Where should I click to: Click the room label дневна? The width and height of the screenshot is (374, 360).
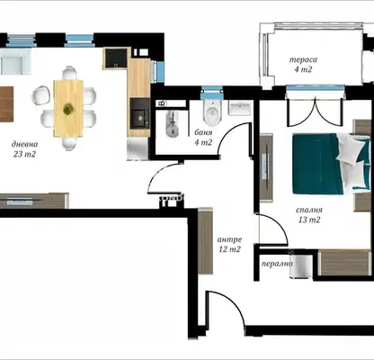[24, 144]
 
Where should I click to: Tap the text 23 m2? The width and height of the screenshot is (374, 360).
[24, 154]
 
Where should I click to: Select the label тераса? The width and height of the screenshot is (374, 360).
[303, 59]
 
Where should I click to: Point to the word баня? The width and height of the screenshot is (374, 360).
[203, 132]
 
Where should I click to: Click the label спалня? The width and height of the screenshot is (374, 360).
[309, 210]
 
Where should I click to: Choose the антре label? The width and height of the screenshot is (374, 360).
[229, 239]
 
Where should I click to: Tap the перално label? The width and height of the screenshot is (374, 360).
[277, 264]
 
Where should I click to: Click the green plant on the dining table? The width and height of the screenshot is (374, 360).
[68, 108]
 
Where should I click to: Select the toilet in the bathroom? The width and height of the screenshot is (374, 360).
[212, 112]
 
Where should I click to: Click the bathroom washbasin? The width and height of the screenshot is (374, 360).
[239, 108]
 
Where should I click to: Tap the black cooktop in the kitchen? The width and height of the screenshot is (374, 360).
[116, 58]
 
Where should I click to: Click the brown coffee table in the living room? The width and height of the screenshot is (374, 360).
[6, 103]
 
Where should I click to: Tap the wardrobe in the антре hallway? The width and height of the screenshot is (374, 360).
[205, 240]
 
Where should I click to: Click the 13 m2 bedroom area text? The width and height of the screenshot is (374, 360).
[309, 220]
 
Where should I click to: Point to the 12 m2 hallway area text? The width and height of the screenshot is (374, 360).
[229, 249]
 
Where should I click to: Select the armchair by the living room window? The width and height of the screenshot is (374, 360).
[15, 62]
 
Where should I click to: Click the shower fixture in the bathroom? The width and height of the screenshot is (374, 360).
[173, 123]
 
